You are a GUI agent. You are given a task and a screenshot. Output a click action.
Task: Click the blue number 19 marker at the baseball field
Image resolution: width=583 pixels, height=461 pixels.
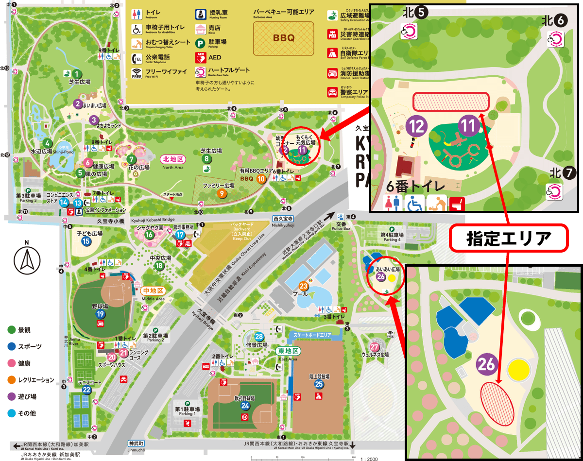coord(100,314)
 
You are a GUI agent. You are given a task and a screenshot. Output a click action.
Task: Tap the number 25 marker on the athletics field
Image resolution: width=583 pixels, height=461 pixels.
coord(319,384)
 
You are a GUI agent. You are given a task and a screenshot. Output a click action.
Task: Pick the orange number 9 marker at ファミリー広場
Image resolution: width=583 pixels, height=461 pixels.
coord(222,194)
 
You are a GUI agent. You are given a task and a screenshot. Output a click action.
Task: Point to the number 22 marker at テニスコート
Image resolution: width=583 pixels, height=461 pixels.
coord(86,389)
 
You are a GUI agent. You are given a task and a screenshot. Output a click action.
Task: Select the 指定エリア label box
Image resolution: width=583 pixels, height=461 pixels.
coord(508,238)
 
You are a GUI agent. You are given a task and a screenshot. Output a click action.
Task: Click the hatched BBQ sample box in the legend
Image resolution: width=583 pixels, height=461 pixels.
coord(284,38)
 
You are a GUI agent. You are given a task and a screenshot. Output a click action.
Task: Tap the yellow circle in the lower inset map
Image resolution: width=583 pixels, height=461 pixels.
coord(517,371)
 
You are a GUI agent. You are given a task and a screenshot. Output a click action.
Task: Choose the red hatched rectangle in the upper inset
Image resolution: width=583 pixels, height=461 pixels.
coord(451,102)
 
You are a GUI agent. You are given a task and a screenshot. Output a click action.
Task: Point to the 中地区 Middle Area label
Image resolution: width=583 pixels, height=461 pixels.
coord(154,290)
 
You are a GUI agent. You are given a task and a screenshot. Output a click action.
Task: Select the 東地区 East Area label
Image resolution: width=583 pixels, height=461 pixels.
coord(289,351)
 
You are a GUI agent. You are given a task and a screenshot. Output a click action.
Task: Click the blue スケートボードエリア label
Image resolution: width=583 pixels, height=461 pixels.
coord(312,335)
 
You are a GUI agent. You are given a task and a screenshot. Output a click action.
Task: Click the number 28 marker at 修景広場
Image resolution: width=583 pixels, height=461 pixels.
coord(259,337)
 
